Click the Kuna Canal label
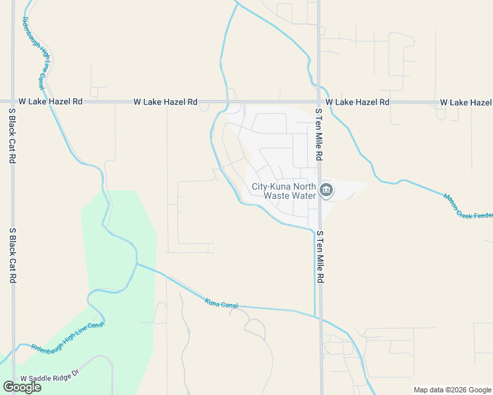point(221,303)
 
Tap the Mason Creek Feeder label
point(467,207)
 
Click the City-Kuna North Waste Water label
point(283,191)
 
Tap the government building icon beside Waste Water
point(326,191)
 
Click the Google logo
point(22,387)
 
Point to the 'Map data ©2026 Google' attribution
point(451,390)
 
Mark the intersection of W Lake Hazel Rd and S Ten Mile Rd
point(319,102)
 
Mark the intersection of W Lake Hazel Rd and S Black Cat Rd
point(13,102)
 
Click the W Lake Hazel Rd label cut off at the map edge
point(465,103)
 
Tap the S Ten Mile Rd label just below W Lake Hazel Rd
point(319,135)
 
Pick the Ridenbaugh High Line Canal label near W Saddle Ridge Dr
point(67,335)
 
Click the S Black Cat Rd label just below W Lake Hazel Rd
point(12,138)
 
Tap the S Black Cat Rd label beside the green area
point(12,255)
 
